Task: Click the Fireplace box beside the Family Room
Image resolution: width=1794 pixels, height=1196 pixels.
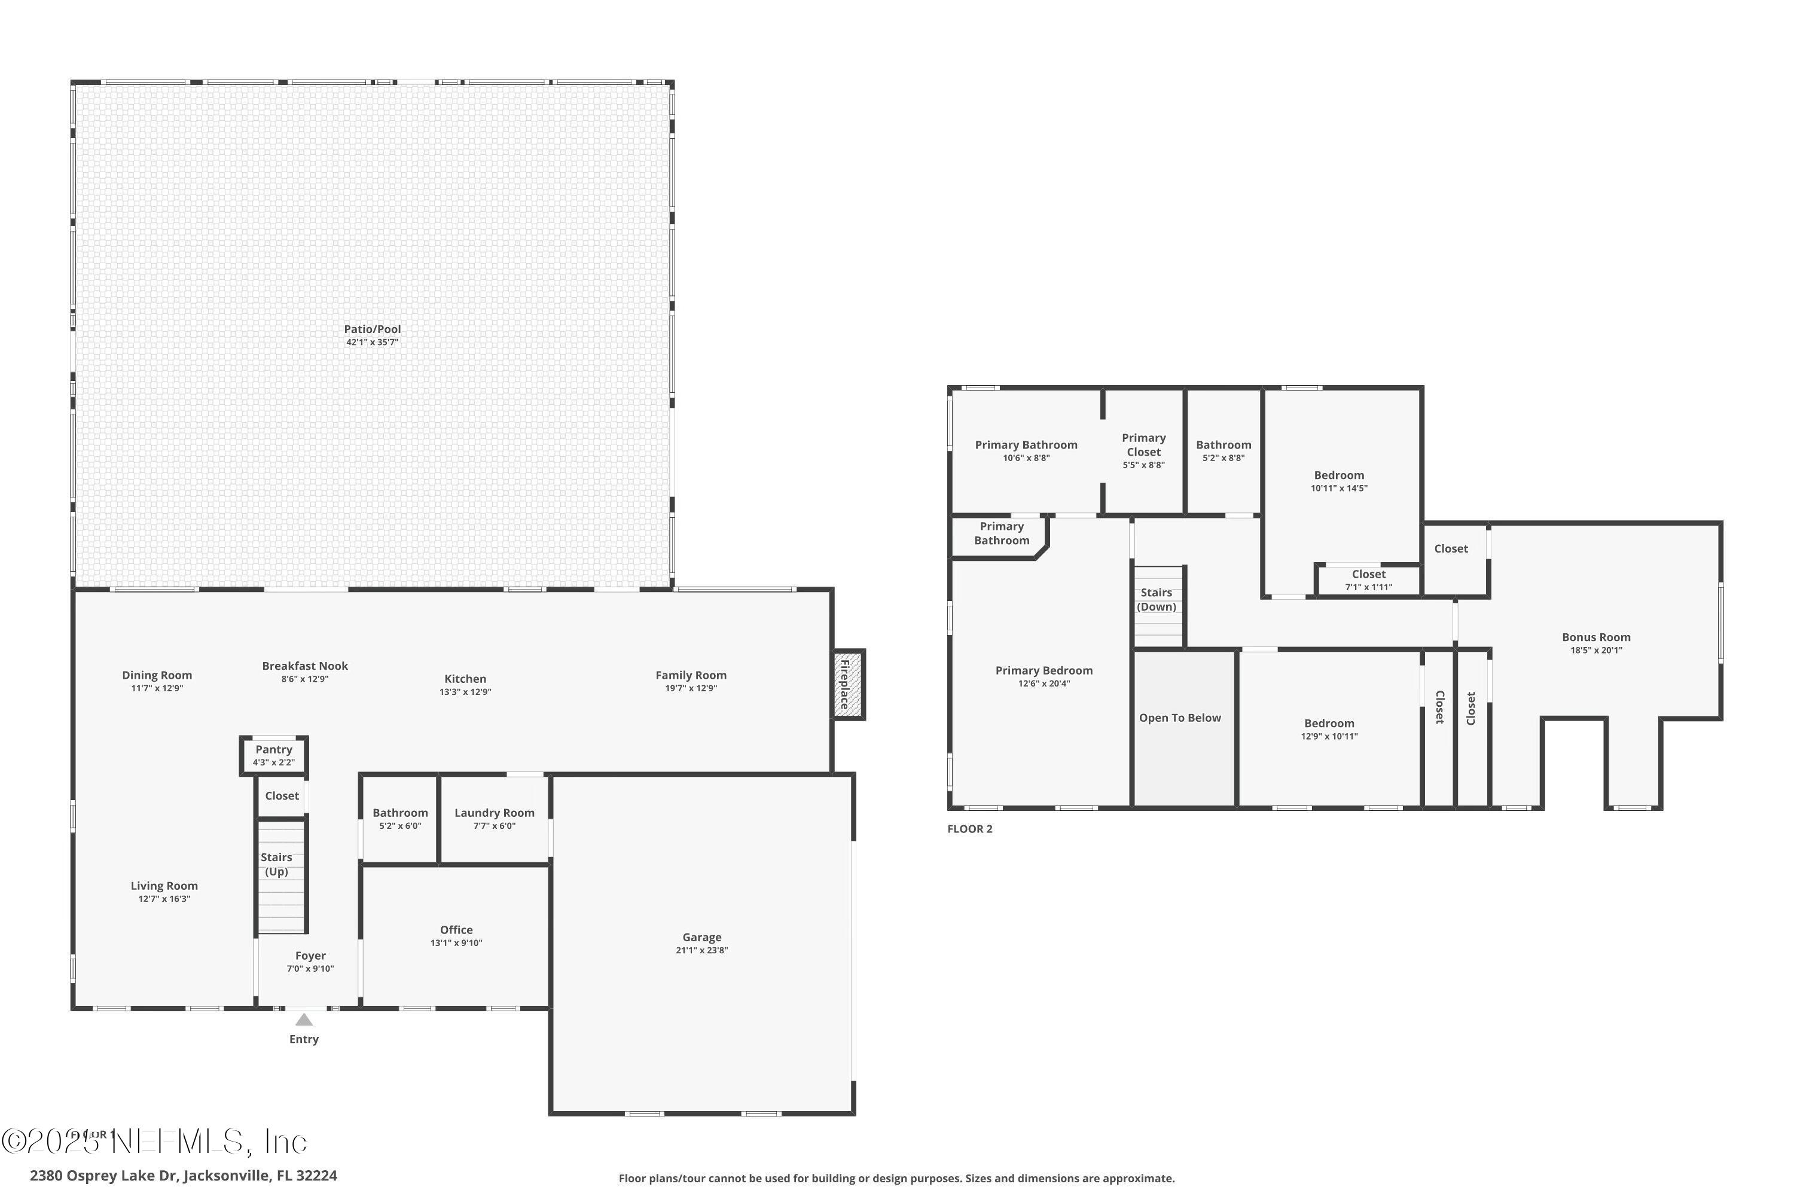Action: point(847,684)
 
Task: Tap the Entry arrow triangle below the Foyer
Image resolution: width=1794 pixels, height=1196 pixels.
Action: point(304,1020)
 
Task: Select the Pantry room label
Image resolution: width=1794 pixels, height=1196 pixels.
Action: point(274,750)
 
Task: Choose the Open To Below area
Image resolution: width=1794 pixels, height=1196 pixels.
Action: point(1180,718)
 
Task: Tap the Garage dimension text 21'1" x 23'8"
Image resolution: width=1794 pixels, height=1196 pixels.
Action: point(701,950)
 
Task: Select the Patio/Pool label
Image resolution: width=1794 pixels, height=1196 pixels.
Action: point(372,329)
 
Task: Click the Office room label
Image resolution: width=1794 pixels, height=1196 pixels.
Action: point(456,930)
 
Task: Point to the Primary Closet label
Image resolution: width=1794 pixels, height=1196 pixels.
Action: point(1143,445)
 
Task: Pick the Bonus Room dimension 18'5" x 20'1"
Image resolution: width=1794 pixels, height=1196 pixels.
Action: point(1595,651)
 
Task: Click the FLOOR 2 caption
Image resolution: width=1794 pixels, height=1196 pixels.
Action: point(969,829)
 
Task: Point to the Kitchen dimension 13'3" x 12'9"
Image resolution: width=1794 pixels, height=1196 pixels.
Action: point(465,692)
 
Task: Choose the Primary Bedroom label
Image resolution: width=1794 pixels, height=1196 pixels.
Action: point(1044,670)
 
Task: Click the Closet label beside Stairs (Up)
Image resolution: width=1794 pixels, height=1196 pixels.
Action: point(282,795)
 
